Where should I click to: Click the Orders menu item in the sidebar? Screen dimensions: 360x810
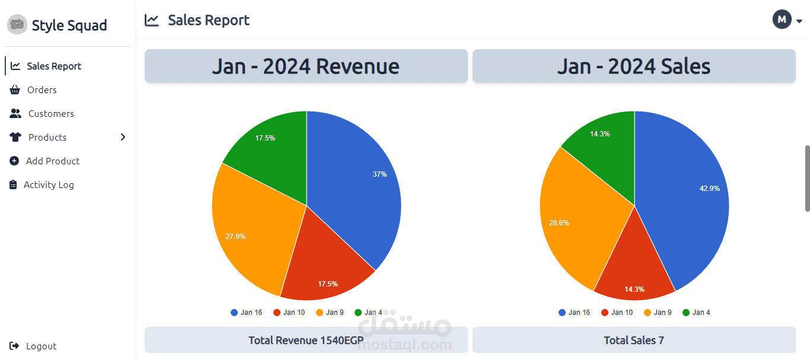tap(42, 90)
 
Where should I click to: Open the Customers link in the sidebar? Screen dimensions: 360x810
tap(50, 114)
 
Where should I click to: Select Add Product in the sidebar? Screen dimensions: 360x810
tap(52, 161)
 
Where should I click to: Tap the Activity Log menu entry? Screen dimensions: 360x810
tap(48, 185)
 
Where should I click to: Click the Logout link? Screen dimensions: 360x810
tap(40, 346)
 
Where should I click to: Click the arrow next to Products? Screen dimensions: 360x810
tap(123, 138)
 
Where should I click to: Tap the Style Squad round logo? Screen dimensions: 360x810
tap(17, 25)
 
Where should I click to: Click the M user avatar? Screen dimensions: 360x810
tap(782, 20)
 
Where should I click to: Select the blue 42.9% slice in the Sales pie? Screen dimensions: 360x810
tap(688, 196)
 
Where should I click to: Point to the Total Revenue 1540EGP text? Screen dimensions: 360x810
tap(306, 340)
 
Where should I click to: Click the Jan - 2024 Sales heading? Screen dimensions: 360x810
tap(633, 66)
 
